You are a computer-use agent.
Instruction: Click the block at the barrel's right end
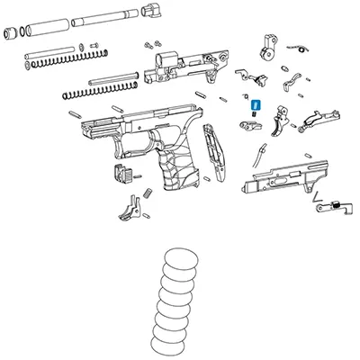(x=154, y=11)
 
